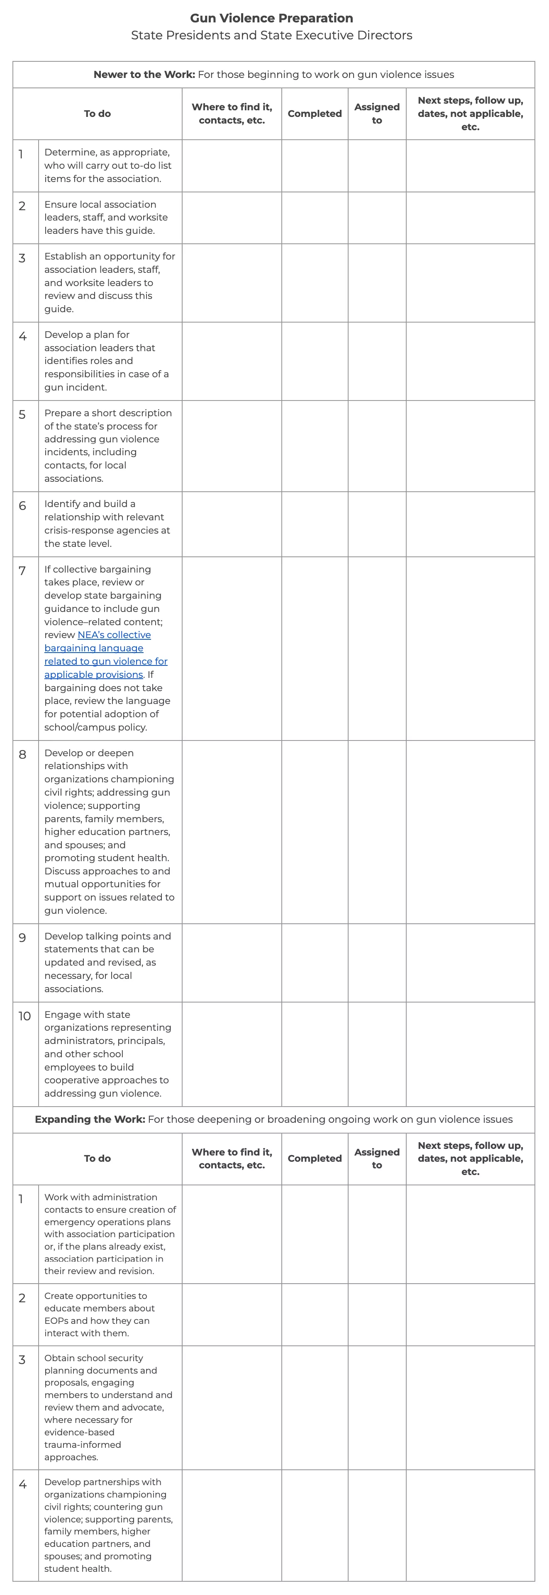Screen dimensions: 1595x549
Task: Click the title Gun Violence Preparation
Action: tap(271, 18)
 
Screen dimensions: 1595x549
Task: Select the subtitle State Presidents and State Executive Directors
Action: tap(271, 35)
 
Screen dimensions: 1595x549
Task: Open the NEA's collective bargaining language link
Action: tap(105, 655)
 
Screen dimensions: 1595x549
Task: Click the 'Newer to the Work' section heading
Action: tap(273, 74)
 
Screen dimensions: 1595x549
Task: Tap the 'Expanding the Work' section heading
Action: tap(273, 1119)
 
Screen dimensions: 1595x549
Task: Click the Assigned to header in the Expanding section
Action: tap(377, 1158)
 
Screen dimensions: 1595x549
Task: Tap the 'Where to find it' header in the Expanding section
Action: tap(232, 1158)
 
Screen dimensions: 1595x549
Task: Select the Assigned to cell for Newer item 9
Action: tap(377, 962)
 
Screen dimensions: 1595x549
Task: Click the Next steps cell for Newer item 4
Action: tap(470, 361)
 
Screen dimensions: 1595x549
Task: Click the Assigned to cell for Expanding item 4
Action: tap(377, 1525)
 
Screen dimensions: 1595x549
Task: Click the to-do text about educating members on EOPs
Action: tap(99, 1314)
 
